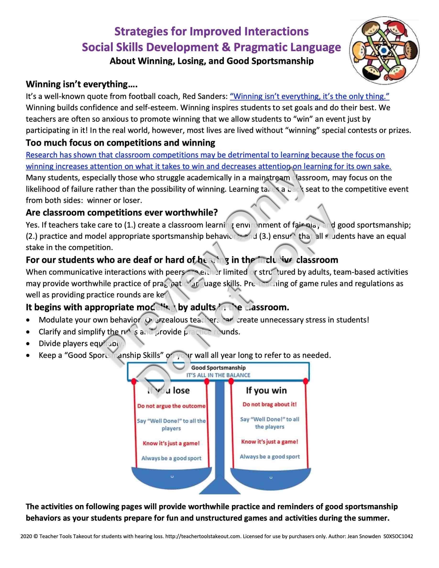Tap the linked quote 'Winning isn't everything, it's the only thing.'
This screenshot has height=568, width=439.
(309, 97)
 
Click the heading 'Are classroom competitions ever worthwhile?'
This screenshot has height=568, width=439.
(122, 213)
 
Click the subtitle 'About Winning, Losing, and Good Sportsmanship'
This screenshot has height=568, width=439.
(211, 61)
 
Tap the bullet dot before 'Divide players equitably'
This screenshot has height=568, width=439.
(28, 344)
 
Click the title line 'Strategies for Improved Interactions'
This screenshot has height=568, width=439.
(211, 32)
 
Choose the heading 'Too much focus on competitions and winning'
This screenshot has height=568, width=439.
(121, 143)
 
